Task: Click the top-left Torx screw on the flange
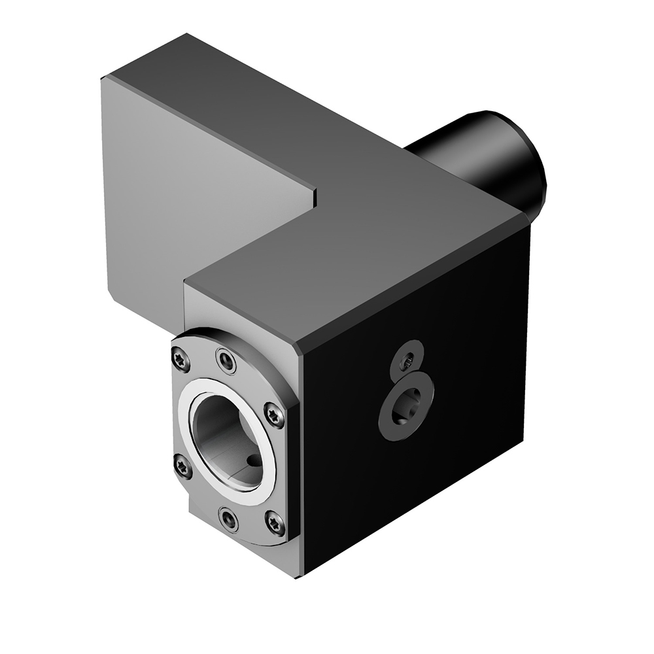click(x=181, y=358)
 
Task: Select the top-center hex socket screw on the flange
click(x=226, y=360)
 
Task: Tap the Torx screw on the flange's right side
click(x=274, y=415)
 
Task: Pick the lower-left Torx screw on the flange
click(x=182, y=466)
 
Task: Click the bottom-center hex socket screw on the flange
click(x=228, y=519)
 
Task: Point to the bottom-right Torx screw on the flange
click(x=275, y=523)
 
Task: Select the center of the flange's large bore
click(x=226, y=441)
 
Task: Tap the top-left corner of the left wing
click(x=102, y=78)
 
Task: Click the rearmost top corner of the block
click(x=188, y=34)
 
